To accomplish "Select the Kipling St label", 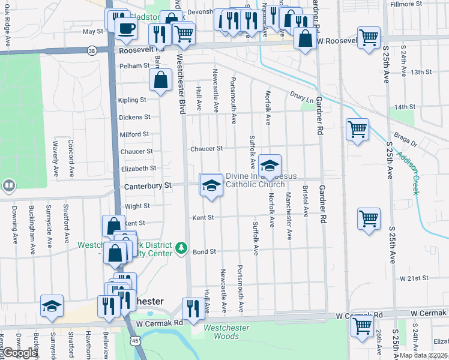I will pos(133,100).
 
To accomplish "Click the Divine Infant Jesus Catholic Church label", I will pos(261,180).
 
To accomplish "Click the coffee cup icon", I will pos(126,28).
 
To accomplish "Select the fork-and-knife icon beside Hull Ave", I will pos(192,309).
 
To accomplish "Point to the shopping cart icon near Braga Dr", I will pos(357,129).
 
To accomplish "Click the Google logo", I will pos(20,353).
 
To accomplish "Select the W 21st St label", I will pos(414,278).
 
